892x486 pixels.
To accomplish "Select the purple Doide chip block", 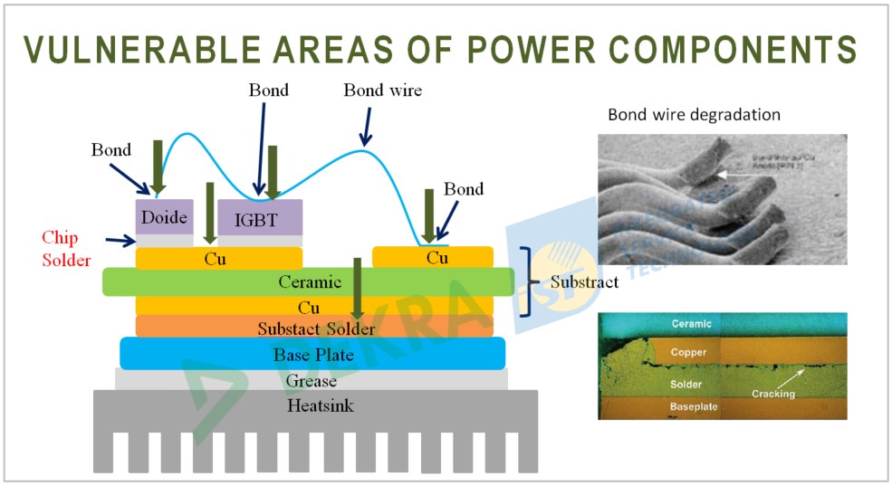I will coord(164,217).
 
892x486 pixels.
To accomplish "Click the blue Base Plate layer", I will coord(312,354).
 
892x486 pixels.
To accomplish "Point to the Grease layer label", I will coord(311,380).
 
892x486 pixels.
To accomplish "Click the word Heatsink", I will coord(320,405).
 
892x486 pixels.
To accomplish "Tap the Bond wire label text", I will coord(382,91).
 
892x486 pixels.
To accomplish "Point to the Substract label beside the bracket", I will coord(584,281).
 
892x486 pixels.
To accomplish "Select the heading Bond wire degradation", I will coord(694,115).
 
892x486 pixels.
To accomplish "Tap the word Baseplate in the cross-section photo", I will coord(694,407).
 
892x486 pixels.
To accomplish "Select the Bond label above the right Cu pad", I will coord(463,189).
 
